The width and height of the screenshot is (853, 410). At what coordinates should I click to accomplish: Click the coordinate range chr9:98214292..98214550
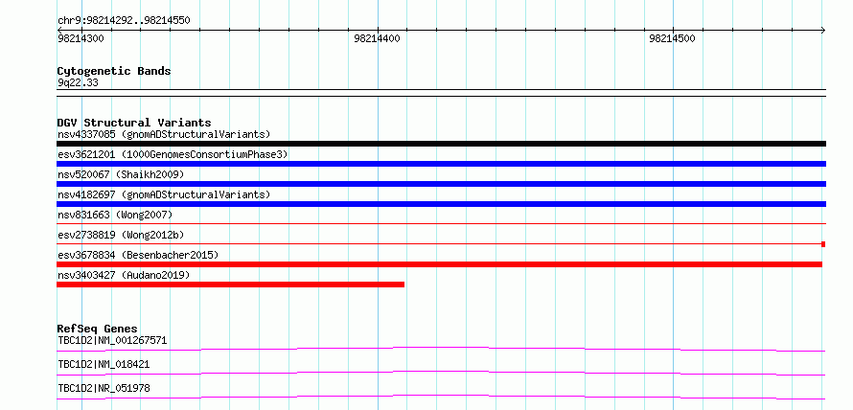click(124, 21)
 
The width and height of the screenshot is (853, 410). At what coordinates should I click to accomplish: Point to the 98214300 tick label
click(81, 38)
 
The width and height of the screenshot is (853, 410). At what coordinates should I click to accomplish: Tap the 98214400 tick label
click(377, 38)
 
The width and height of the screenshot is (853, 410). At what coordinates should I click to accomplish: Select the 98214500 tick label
click(672, 38)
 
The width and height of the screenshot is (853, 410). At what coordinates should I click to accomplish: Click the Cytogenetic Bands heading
click(114, 71)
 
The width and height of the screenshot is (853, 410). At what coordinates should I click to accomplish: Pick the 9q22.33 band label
click(78, 83)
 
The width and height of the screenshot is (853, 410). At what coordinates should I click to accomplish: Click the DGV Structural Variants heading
click(134, 123)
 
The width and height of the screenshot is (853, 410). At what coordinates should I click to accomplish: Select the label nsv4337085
click(86, 134)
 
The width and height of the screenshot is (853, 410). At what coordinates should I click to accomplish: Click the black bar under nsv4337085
click(441, 144)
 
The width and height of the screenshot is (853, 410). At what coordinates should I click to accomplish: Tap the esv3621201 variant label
click(86, 154)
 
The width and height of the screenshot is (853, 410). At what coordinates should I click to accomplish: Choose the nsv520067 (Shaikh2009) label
click(121, 174)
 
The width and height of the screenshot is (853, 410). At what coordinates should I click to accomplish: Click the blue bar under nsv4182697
click(441, 204)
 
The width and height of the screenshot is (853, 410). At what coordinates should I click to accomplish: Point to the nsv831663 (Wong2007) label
click(115, 215)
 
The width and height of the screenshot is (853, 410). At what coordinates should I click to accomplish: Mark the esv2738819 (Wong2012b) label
click(121, 235)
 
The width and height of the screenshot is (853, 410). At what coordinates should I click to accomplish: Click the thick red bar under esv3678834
click(439, 264)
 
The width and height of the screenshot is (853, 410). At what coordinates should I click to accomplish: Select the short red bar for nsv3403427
click(231, 285)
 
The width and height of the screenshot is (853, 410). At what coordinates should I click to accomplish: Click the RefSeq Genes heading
click(98, 329)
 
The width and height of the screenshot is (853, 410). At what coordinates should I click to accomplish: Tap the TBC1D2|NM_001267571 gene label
click(112, 341)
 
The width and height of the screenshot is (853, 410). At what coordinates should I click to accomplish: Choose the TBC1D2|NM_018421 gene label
click(104, 364)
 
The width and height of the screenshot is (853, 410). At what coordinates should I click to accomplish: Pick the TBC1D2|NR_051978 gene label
click(104, 388)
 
